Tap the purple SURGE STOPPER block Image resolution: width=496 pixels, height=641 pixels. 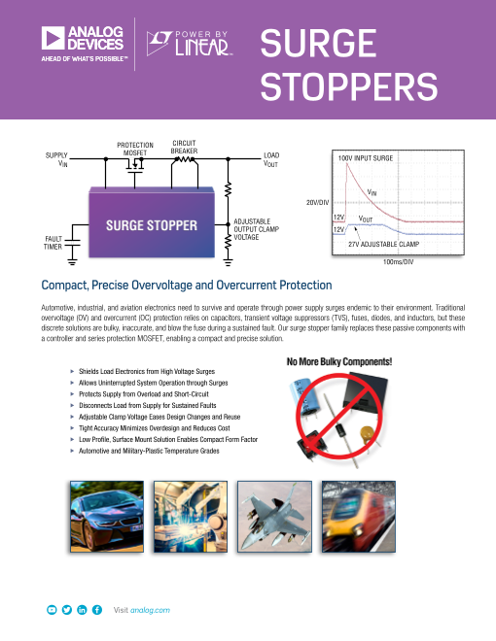coord(151,225)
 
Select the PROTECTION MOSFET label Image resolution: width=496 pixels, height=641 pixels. coord(134,148)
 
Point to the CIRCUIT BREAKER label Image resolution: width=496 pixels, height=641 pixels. coord(184,146)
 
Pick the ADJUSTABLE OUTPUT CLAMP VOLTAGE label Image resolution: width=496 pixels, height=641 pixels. coord(259,228)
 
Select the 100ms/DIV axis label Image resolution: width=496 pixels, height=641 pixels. coord(399,262)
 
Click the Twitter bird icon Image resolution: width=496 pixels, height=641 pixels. coord(67,609)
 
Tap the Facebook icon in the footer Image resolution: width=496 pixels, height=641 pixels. coord(98,609)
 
